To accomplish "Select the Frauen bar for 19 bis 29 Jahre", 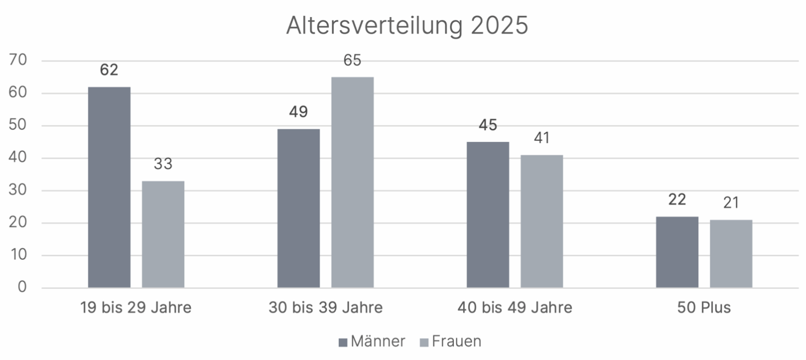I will pyautogui.click(x=163, y=234).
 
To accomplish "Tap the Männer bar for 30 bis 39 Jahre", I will pyautogui.click(x=298, y=208).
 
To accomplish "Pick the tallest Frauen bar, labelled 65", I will pyautogui.click(x=353, y=182).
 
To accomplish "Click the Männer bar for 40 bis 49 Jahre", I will pyautogui.click(x=488, y=215).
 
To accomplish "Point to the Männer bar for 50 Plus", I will pyautogui.click(x=677, y=252).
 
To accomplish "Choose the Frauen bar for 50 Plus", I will pyautogui.click(x=731, y=253).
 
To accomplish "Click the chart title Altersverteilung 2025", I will pyautogui.click(x=407, y=26).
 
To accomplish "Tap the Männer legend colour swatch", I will pyautogui.click(x=342, y=342).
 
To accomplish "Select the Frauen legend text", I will pyautogui.click(x=456, y=341).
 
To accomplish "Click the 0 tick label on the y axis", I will pyautogui.click(x=22, y=287).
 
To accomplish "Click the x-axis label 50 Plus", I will pyautogui.click(x=704, y=308).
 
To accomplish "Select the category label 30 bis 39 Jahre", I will pyautogui.click(x=325, y=308).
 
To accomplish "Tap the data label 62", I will pyautogui.click(x=109, y=71).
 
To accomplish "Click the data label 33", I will pyautogui.click(x=163, y=165).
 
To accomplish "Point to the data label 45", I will pyautogui.click(x=488, y=125).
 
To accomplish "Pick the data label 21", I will pyautogui.click(x=731, y=203).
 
